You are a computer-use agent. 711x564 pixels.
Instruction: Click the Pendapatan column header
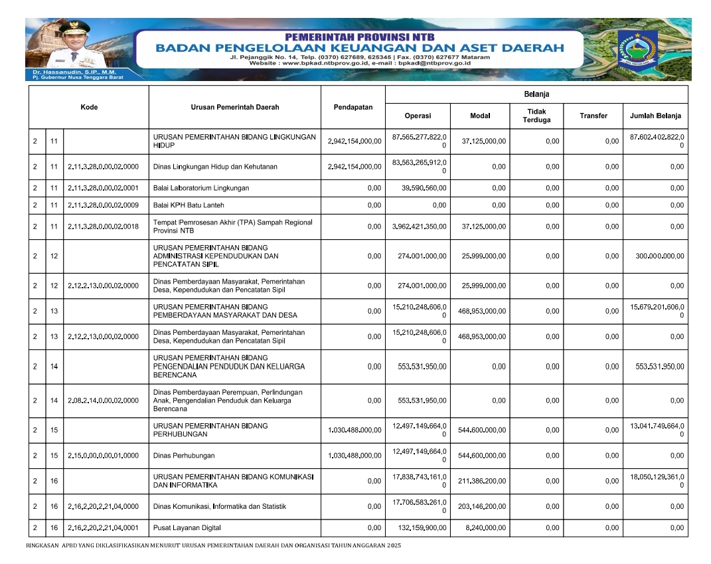coord(353,107)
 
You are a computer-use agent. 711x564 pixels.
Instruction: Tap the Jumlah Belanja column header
coord(655,116)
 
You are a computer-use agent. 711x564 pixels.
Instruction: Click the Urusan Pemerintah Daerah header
coord(234,107)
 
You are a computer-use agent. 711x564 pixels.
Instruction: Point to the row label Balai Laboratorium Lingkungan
coord(201,188)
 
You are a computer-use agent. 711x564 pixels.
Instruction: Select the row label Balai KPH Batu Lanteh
coord(188,205)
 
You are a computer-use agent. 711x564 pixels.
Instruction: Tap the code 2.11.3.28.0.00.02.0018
coord(103,227)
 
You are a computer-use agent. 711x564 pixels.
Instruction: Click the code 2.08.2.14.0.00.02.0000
coord(103,401)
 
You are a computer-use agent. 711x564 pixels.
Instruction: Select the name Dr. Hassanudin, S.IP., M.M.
coord(62,72)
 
